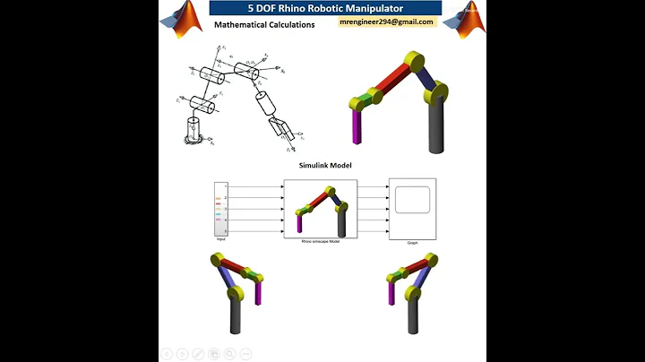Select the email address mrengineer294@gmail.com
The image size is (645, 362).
tap(386, 22)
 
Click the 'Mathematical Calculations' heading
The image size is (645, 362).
tap(264, 25)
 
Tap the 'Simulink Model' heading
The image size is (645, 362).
tap(324, 166)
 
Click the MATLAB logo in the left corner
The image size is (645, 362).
tap(185, 18)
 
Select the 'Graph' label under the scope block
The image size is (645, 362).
tap(412, 242)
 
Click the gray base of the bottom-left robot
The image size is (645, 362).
tap(236, 314)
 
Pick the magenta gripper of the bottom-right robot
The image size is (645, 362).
tap(390, 294)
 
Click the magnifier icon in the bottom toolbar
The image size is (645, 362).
tap(228, 353)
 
